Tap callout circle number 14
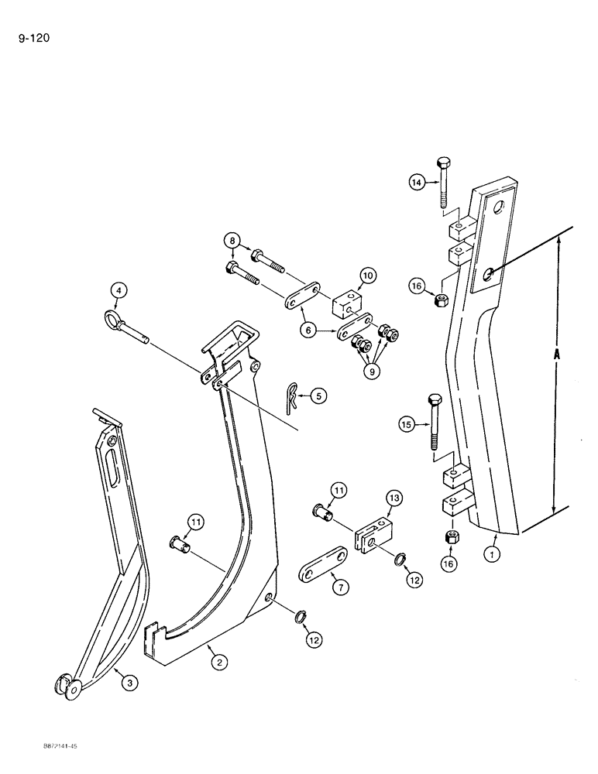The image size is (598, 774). pyautogui.click(x=418, y=183)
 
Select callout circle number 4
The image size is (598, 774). pyautogui.click(x=118, y=291)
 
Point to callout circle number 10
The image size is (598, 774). pyautogui.click(x=366, y=276)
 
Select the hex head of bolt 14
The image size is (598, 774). pyautogui.click(x=445, y=164)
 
